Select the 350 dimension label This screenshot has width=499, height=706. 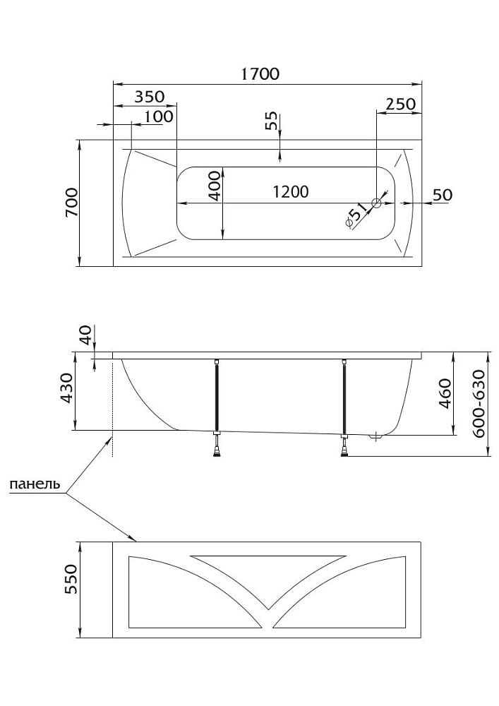pyautogui.click(x=145, y=97)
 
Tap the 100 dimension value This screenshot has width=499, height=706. pyautogui.click(x=159, y=115)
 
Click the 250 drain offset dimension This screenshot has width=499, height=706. pyautogui.click(x=400, y=103)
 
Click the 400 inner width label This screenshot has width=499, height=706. pyautogui.click(x=215, y=184)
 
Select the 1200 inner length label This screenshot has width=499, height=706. pyautogui.click(x=289, y=192)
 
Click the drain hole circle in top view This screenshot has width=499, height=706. pyautogui.click(x=376, y=203)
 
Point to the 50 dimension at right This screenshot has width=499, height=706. pyautogui.click(x=441, y=195)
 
